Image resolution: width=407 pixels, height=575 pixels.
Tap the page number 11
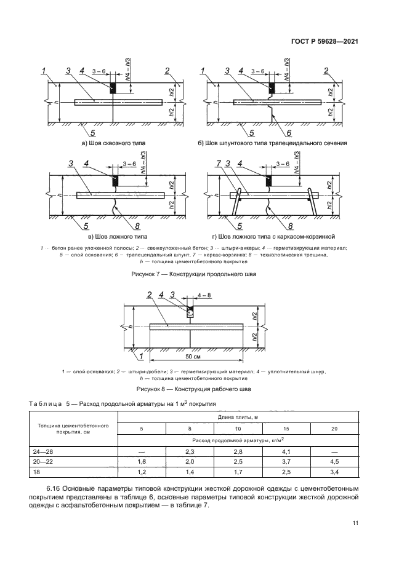click(355, 523)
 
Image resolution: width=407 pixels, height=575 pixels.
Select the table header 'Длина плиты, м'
click(238, 418)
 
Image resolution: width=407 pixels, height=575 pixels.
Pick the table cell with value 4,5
click(334, 461)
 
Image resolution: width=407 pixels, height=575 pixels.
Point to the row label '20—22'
click(42, 461)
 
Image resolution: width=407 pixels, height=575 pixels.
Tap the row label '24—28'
click(42, 451)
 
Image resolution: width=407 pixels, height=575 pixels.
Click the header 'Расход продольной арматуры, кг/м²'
click(238, 440)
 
